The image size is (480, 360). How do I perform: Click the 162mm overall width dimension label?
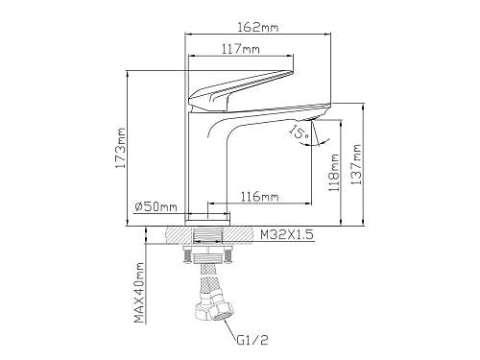coord(257,27)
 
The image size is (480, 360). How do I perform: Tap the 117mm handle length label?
coord(241,49)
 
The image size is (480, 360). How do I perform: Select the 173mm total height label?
coord(120,148)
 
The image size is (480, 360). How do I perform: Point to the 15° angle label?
coord(299,132)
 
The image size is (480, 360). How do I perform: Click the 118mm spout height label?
coord(334,173)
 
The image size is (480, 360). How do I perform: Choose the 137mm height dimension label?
coord(356,164)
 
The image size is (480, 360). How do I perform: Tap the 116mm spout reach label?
coord(259,197)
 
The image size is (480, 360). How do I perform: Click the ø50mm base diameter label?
coord(156,206)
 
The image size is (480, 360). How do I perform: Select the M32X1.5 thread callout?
coord(286,235)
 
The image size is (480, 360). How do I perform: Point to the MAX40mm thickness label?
coord(139,293)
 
